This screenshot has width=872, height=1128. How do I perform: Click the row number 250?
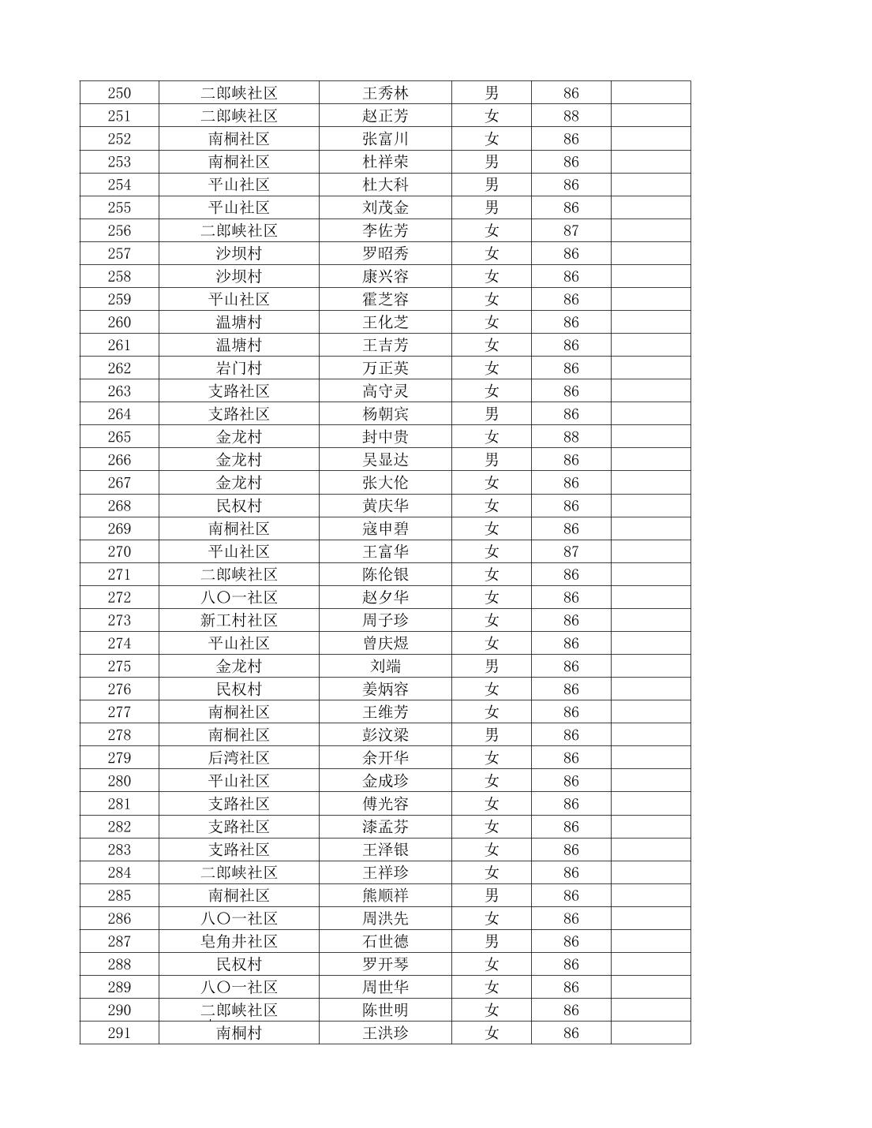pyautogui.click(x=119, y=93)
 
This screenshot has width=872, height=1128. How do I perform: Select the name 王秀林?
pyautogui.click(x=385, y=93)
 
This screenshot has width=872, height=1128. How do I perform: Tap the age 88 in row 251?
pyautogui.click(x=571, y=116)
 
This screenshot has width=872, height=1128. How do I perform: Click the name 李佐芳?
pyautogui.click(x=385, y=230)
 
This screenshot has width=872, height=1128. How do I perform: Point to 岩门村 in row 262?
pyautogui.click(x=238, y=368)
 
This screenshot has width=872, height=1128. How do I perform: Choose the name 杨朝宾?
pyautogui.click(x=385, y=414)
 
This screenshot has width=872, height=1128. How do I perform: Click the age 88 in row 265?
pyautogui.click(x=571, y=437)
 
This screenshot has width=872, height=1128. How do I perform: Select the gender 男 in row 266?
pyautogui.click(x=492, y=460)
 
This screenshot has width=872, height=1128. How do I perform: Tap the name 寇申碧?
pyautogui.click(x=385, y=529)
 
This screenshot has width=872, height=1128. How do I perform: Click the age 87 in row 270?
pyautogui.click(x=571, y=551)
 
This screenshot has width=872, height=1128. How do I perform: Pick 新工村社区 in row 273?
pyautogui.click(x=238, y=620)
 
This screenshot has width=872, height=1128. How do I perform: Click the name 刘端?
pyautogui.click(x=385, y=666)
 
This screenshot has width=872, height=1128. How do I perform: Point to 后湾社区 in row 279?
pyautogui.click(x=238, y=758)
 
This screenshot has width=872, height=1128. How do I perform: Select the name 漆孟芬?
pyautogui.click(x=385, y=827)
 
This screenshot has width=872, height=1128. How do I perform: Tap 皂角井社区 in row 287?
pyautogui.click(x=238, y=941)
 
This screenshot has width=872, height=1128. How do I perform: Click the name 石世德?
pyautogui.click(x=385, y=941)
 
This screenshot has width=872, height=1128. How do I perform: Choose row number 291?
pyautogui.click(x=119, y=1033)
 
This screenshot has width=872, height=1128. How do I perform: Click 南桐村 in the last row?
pyautogui.click(x=238, y=1033)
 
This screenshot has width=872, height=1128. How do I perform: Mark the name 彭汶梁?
pyautogui.click(x=385, y=735)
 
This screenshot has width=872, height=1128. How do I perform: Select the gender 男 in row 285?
pyautogui.click(x=492, y=895)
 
